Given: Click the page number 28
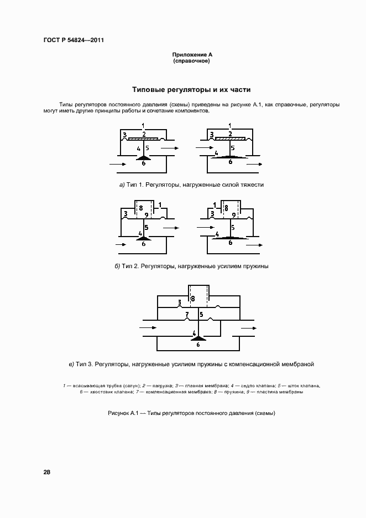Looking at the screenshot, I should [x=46, y=473].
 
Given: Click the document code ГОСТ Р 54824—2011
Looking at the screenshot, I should [x=74, y=40].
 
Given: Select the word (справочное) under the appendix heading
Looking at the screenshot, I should [x=191, y=61].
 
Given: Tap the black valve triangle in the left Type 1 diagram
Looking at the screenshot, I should [x=143, y=158].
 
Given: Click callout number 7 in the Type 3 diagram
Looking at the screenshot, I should [x=187, y=314].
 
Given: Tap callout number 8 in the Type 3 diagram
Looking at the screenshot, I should [x=192, y=299].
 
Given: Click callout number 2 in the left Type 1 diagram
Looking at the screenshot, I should [x=144, y=133].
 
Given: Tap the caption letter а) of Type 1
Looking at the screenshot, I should [x=122, y=184].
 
